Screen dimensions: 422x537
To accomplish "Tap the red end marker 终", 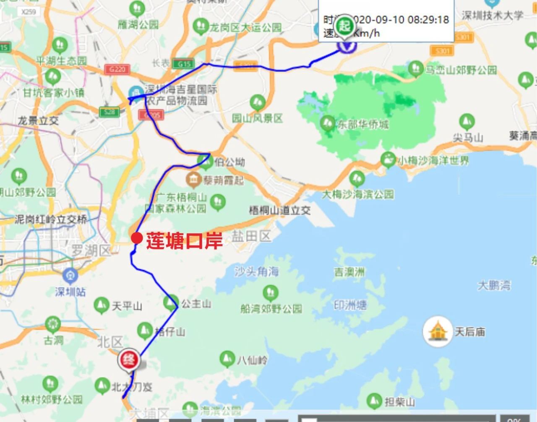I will coord(128,360).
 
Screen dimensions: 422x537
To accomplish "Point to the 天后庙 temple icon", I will coord(437,331).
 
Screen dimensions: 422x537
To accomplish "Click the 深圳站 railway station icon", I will coord(70,276).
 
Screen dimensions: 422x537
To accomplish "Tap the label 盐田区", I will coord(251,236).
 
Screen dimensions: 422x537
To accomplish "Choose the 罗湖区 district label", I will coord(90,251).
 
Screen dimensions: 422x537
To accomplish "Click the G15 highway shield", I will coord(184,63).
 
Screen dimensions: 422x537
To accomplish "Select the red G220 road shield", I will coord(117,69).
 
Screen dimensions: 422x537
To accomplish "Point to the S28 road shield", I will coord(109,112).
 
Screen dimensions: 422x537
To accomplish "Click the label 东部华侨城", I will coord(363,124).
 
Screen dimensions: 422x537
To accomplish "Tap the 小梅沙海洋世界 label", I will coord(433,160).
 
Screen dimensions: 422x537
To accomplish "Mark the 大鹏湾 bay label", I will coord(494,286).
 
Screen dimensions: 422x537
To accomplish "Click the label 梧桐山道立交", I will coord(280,210).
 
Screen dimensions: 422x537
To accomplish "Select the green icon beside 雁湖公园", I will coord(137,8).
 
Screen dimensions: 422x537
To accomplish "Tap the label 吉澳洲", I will coord(349,273).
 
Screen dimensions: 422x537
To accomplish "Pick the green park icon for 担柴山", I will coord(374,401).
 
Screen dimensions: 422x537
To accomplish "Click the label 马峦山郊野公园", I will coord(461,70).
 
